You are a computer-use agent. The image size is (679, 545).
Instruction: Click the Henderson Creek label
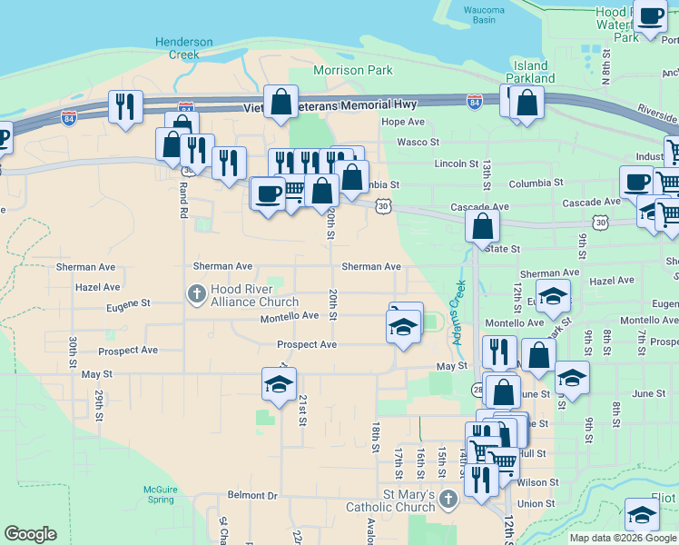184,48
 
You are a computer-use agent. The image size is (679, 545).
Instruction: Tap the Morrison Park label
352,70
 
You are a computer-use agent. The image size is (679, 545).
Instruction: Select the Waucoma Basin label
484,14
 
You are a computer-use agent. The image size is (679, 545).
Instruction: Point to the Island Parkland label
531,72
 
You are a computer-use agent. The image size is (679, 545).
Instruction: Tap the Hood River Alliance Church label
254,295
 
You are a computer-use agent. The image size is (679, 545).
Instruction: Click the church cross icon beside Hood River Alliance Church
195,293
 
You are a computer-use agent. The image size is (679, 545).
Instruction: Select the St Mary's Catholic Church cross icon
448,498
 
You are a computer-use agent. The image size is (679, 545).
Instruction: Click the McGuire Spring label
160,494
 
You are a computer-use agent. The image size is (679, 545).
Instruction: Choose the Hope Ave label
403,122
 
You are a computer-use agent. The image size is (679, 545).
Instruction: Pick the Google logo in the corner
30,534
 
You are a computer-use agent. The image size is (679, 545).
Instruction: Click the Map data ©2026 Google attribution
623,538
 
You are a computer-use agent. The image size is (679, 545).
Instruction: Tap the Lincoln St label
457,163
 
